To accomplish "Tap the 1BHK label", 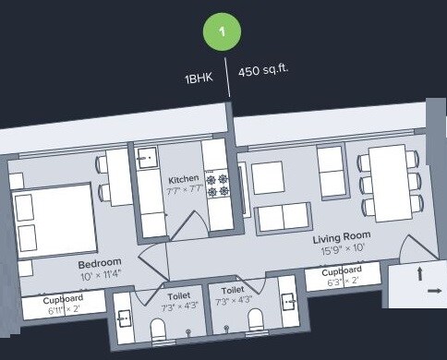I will coord(199,79).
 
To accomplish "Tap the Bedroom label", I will coord(101,264).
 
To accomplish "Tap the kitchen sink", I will coord(147,160).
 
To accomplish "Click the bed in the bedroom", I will coord(54,223).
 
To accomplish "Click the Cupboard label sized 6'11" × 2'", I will coord(64,299).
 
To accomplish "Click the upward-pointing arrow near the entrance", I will coord(421,272).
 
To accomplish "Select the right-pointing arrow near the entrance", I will coord(434,291).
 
